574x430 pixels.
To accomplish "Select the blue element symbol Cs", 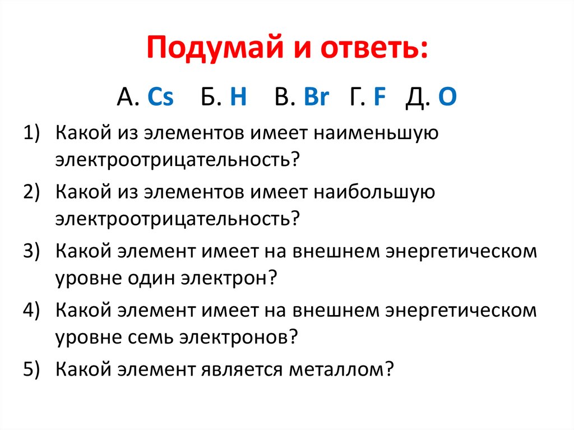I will (x=160, y=97).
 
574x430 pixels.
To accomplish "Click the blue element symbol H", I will (x=238, y=97).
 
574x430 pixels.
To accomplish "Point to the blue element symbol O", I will (x=447, y=97).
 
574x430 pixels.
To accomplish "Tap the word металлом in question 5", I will (x=339, y=370).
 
